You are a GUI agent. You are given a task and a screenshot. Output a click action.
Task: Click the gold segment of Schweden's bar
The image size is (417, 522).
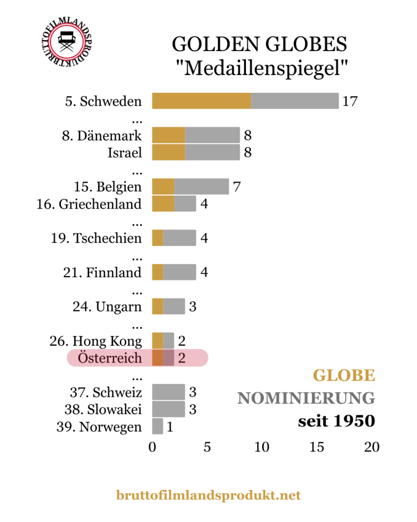(x=201, y=101)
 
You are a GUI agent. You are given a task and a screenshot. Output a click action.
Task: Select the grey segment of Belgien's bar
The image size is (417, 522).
(x=201, y=187)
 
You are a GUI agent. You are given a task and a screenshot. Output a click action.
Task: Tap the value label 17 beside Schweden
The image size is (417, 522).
(x=350, y=101)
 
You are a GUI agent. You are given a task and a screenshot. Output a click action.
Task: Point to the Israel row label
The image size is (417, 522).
(x=125, y=152)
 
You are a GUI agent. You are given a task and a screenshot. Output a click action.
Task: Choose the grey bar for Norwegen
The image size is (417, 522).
(x=157, y=427)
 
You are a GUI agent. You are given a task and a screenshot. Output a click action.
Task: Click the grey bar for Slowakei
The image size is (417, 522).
(x=168, y=409)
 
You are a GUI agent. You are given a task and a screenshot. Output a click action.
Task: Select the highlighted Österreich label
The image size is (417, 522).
(x=110, y=358)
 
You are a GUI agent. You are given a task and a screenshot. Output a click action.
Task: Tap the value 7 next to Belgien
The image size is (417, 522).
(x=236, y=187)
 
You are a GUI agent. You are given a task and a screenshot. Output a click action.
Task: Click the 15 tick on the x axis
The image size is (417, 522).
(x=317, y=447)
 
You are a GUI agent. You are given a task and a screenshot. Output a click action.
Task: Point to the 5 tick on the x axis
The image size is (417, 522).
(x=207, y=447)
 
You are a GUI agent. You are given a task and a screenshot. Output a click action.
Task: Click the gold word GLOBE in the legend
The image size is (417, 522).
(x=344, y=376)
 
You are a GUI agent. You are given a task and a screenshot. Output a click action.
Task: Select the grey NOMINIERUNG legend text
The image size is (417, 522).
(x=306, y=398)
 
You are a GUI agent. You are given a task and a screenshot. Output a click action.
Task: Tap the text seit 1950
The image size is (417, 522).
(x=337, y=421)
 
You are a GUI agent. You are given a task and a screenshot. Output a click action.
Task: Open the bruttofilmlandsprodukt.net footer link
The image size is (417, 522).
(x=208, y=495)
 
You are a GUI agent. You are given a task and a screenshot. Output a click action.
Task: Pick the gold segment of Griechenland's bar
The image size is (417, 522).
(x=163, y=204)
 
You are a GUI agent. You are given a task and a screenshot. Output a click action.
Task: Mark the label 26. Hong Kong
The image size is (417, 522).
(x=107, y=341)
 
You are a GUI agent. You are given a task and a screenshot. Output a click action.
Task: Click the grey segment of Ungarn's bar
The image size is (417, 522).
(x=174, y=306)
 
